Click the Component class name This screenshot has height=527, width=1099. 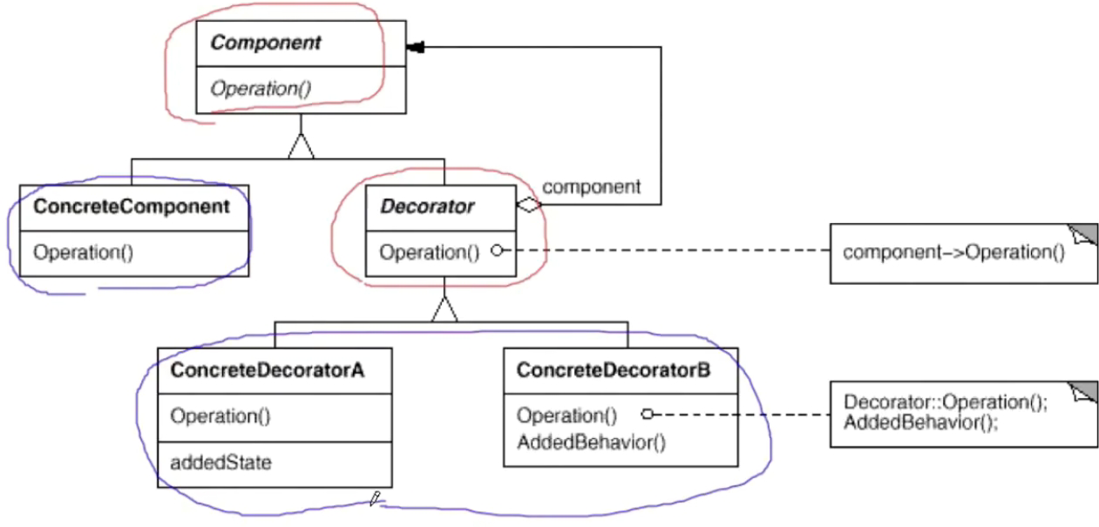266,44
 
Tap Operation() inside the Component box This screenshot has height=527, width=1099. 261,89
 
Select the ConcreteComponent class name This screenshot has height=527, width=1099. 131,206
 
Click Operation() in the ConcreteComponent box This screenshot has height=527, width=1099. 83,253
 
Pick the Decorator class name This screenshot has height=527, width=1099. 427,206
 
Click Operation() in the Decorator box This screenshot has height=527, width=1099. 430,253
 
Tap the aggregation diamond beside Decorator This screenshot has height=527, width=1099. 529,205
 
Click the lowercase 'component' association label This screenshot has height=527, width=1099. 591,186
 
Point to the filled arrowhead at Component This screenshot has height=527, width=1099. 415,47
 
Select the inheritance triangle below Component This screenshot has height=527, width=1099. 302,146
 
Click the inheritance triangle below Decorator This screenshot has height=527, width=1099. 444,309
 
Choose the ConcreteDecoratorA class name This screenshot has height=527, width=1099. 268,370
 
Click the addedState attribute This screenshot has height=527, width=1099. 220,463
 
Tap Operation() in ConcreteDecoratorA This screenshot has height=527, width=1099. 220,416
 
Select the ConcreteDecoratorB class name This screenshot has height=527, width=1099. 614,370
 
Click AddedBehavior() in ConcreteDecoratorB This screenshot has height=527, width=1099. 591,443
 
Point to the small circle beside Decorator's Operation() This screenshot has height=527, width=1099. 497,251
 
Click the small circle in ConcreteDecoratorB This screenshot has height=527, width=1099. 648,415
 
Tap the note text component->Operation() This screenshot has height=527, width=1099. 953,253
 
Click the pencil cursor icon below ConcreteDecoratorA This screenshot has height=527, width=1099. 375,498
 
